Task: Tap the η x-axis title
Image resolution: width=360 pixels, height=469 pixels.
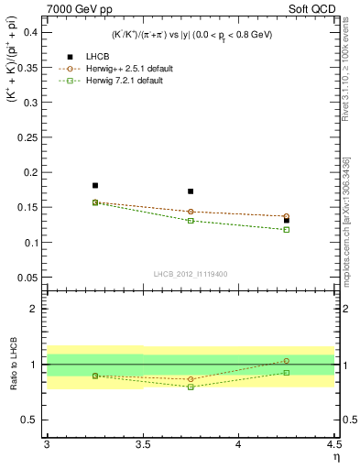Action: point(335,457)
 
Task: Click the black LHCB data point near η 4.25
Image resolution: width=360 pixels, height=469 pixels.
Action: point(287,220)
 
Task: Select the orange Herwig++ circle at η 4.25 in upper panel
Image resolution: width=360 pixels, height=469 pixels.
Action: point(287,216)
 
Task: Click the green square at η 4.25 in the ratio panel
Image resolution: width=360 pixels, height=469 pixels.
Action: point(287,372)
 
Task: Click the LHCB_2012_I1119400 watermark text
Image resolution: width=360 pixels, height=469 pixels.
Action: point(191,273)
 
